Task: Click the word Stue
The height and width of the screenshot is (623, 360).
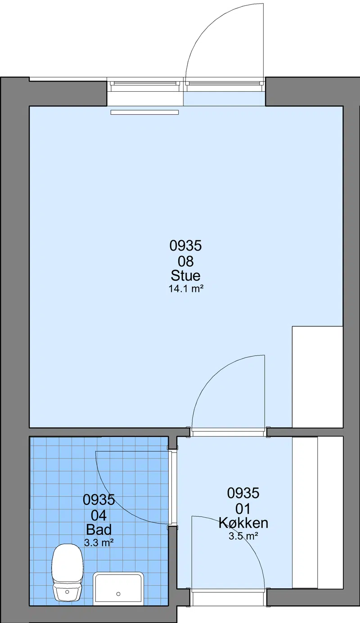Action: tap(185, 276)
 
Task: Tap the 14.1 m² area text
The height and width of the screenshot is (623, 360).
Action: tap(185, 289)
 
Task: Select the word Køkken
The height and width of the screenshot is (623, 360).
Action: tap(243, 523)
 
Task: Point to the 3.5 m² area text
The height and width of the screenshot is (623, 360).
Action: tap(243, 536)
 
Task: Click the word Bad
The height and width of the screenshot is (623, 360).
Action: tap(99, 529)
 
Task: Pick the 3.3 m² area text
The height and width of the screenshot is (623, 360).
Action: tap(99, 542)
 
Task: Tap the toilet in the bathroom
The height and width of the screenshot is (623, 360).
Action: tap(67, 572)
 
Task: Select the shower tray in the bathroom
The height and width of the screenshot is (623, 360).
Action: tap(118, 588)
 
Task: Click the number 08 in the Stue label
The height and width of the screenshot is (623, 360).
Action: tap(185, 261)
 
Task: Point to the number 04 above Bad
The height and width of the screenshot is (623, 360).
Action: tap(99, 515)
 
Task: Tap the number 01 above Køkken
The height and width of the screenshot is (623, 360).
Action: tap(243, 509)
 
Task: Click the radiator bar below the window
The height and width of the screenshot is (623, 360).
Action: tap(144, 112)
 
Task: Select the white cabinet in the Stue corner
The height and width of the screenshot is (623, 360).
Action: tap(317, 377)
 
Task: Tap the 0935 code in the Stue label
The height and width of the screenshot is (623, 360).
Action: tap(185, 246)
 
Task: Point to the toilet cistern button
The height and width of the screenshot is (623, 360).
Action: tap(67, 592)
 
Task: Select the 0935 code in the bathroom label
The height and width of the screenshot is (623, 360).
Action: tap(99, 499)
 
